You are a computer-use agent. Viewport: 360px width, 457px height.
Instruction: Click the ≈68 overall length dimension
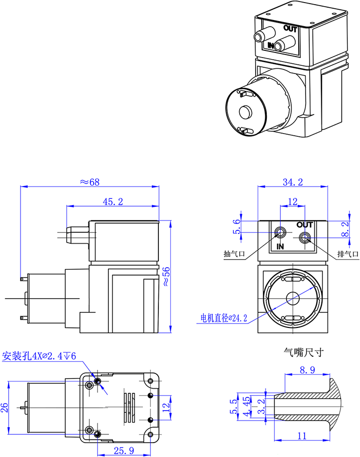point(88,182)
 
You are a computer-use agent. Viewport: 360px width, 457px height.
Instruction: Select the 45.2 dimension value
point(113,202)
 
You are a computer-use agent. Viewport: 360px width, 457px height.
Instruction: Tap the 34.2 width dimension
point(293,182)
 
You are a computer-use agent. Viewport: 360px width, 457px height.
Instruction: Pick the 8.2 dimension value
point(345,228)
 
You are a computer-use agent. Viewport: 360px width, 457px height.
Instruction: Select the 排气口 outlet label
point(347,254)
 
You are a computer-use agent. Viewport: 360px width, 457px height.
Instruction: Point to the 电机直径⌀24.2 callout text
point(224,318)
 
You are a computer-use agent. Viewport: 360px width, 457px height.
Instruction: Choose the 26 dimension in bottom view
point(5,408)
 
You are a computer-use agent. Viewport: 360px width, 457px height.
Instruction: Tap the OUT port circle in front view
point(304,238)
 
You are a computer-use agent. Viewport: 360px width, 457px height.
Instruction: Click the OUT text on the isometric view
point(290,29)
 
